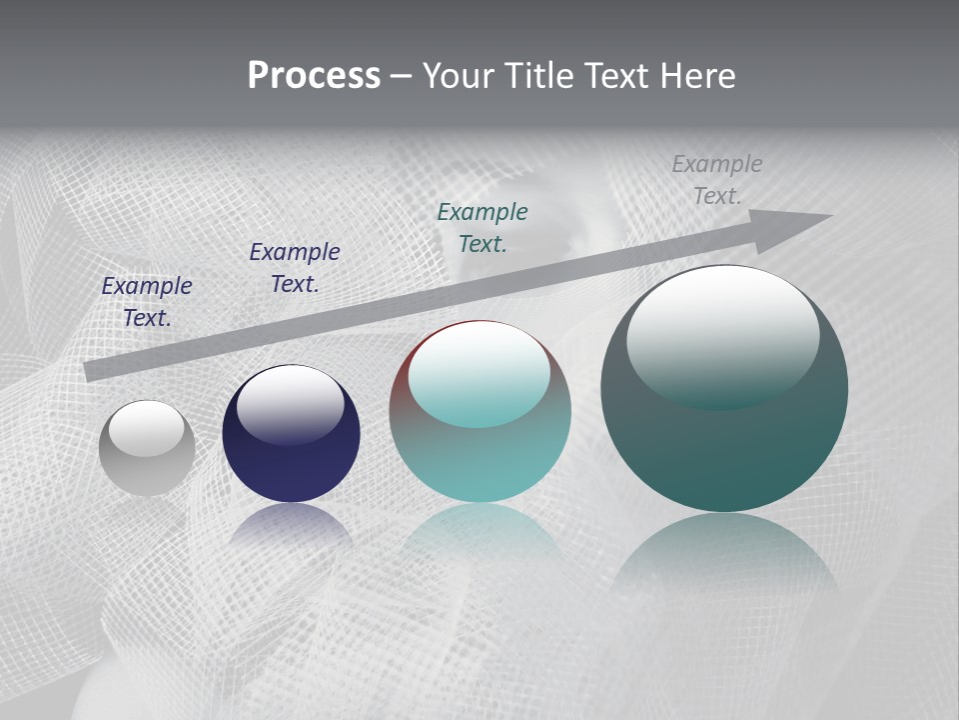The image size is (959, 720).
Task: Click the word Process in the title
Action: (314, 76)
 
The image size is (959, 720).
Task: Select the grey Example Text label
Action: (716, 180)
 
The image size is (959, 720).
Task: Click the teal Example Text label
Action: (482, 227)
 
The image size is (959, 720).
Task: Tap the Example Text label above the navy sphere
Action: (295, 268)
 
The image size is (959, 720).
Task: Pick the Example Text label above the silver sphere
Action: (147, 302)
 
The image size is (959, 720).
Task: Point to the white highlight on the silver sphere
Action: (146, 428)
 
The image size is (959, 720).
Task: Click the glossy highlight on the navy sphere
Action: (290, 403)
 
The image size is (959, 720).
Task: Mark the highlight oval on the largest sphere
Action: (722, 335)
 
